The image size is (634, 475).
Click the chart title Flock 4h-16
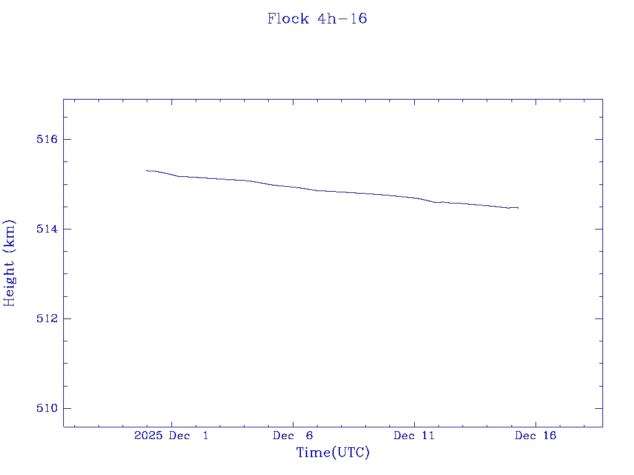[317, 19]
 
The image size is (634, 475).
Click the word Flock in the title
[288, 19]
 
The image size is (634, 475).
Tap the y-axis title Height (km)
[9, 263]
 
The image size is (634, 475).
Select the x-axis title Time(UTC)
[333, 453]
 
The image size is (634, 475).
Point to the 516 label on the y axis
[47, 139]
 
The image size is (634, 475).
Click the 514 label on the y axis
[47, 229]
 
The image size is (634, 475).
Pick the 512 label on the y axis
[47, 319]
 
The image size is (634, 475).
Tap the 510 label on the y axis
[47, 408]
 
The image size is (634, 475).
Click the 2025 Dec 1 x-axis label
[172, 436]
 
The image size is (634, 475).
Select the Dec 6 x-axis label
[293, 436]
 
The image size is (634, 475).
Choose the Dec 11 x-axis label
[414, 436]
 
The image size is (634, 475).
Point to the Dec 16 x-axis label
[536, 436]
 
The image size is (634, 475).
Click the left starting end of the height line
[147, 170]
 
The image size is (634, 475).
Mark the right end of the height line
[518, 208]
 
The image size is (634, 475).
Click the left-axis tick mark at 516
[67, 139]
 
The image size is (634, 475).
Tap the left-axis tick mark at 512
[67, 319]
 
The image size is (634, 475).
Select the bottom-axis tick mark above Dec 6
[293, 422]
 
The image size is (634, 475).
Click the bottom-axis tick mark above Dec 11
[414, 422]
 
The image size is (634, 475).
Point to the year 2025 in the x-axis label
[148, 436]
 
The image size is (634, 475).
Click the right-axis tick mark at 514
[598, 229]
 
